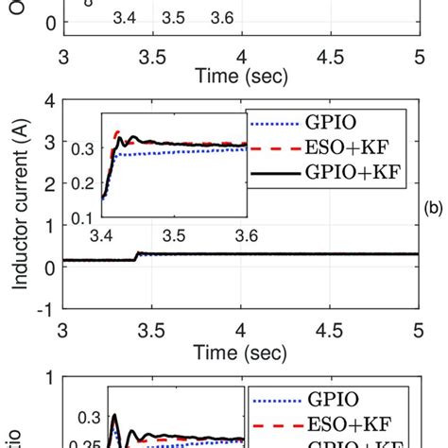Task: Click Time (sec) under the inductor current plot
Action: (239, 350)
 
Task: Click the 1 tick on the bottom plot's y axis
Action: (47, 381)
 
